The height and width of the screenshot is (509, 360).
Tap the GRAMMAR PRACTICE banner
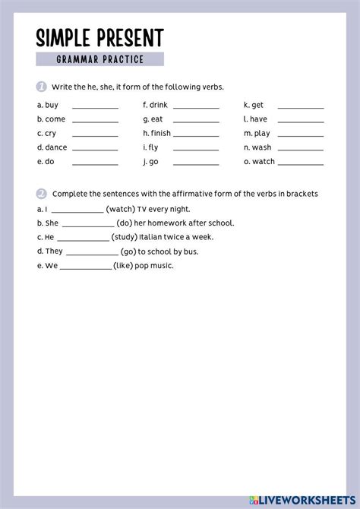pos(99,59)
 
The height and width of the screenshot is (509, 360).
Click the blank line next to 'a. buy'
pos(95,109)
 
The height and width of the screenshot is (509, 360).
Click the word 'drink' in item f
pos(159,105)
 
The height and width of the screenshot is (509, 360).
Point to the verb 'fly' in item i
pos(154,147)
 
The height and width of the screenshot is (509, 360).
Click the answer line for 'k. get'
pos(300,109)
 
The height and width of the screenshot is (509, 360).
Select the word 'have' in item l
pos(258,119)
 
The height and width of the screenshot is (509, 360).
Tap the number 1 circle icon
pos(41,87)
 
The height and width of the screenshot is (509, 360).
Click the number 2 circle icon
pos(41,194)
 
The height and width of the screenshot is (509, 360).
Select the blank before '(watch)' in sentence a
pos(77,212)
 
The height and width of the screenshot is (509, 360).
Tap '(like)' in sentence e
pos(124,265)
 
